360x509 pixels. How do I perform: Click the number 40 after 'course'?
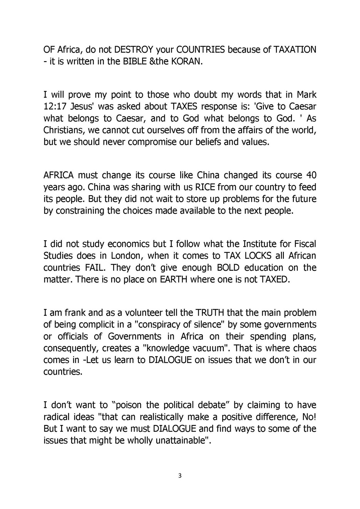(311, 175)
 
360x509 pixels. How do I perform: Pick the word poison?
(130, 405)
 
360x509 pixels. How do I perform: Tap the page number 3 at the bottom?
(180, 476)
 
